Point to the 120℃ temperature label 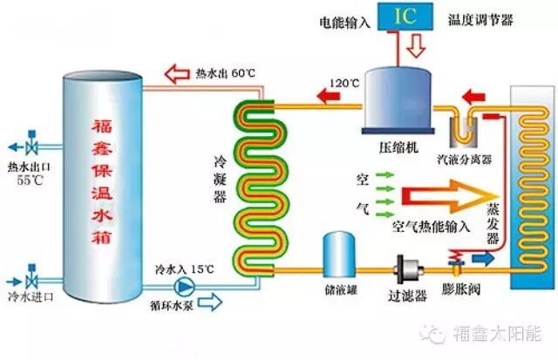tap(344, 85)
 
